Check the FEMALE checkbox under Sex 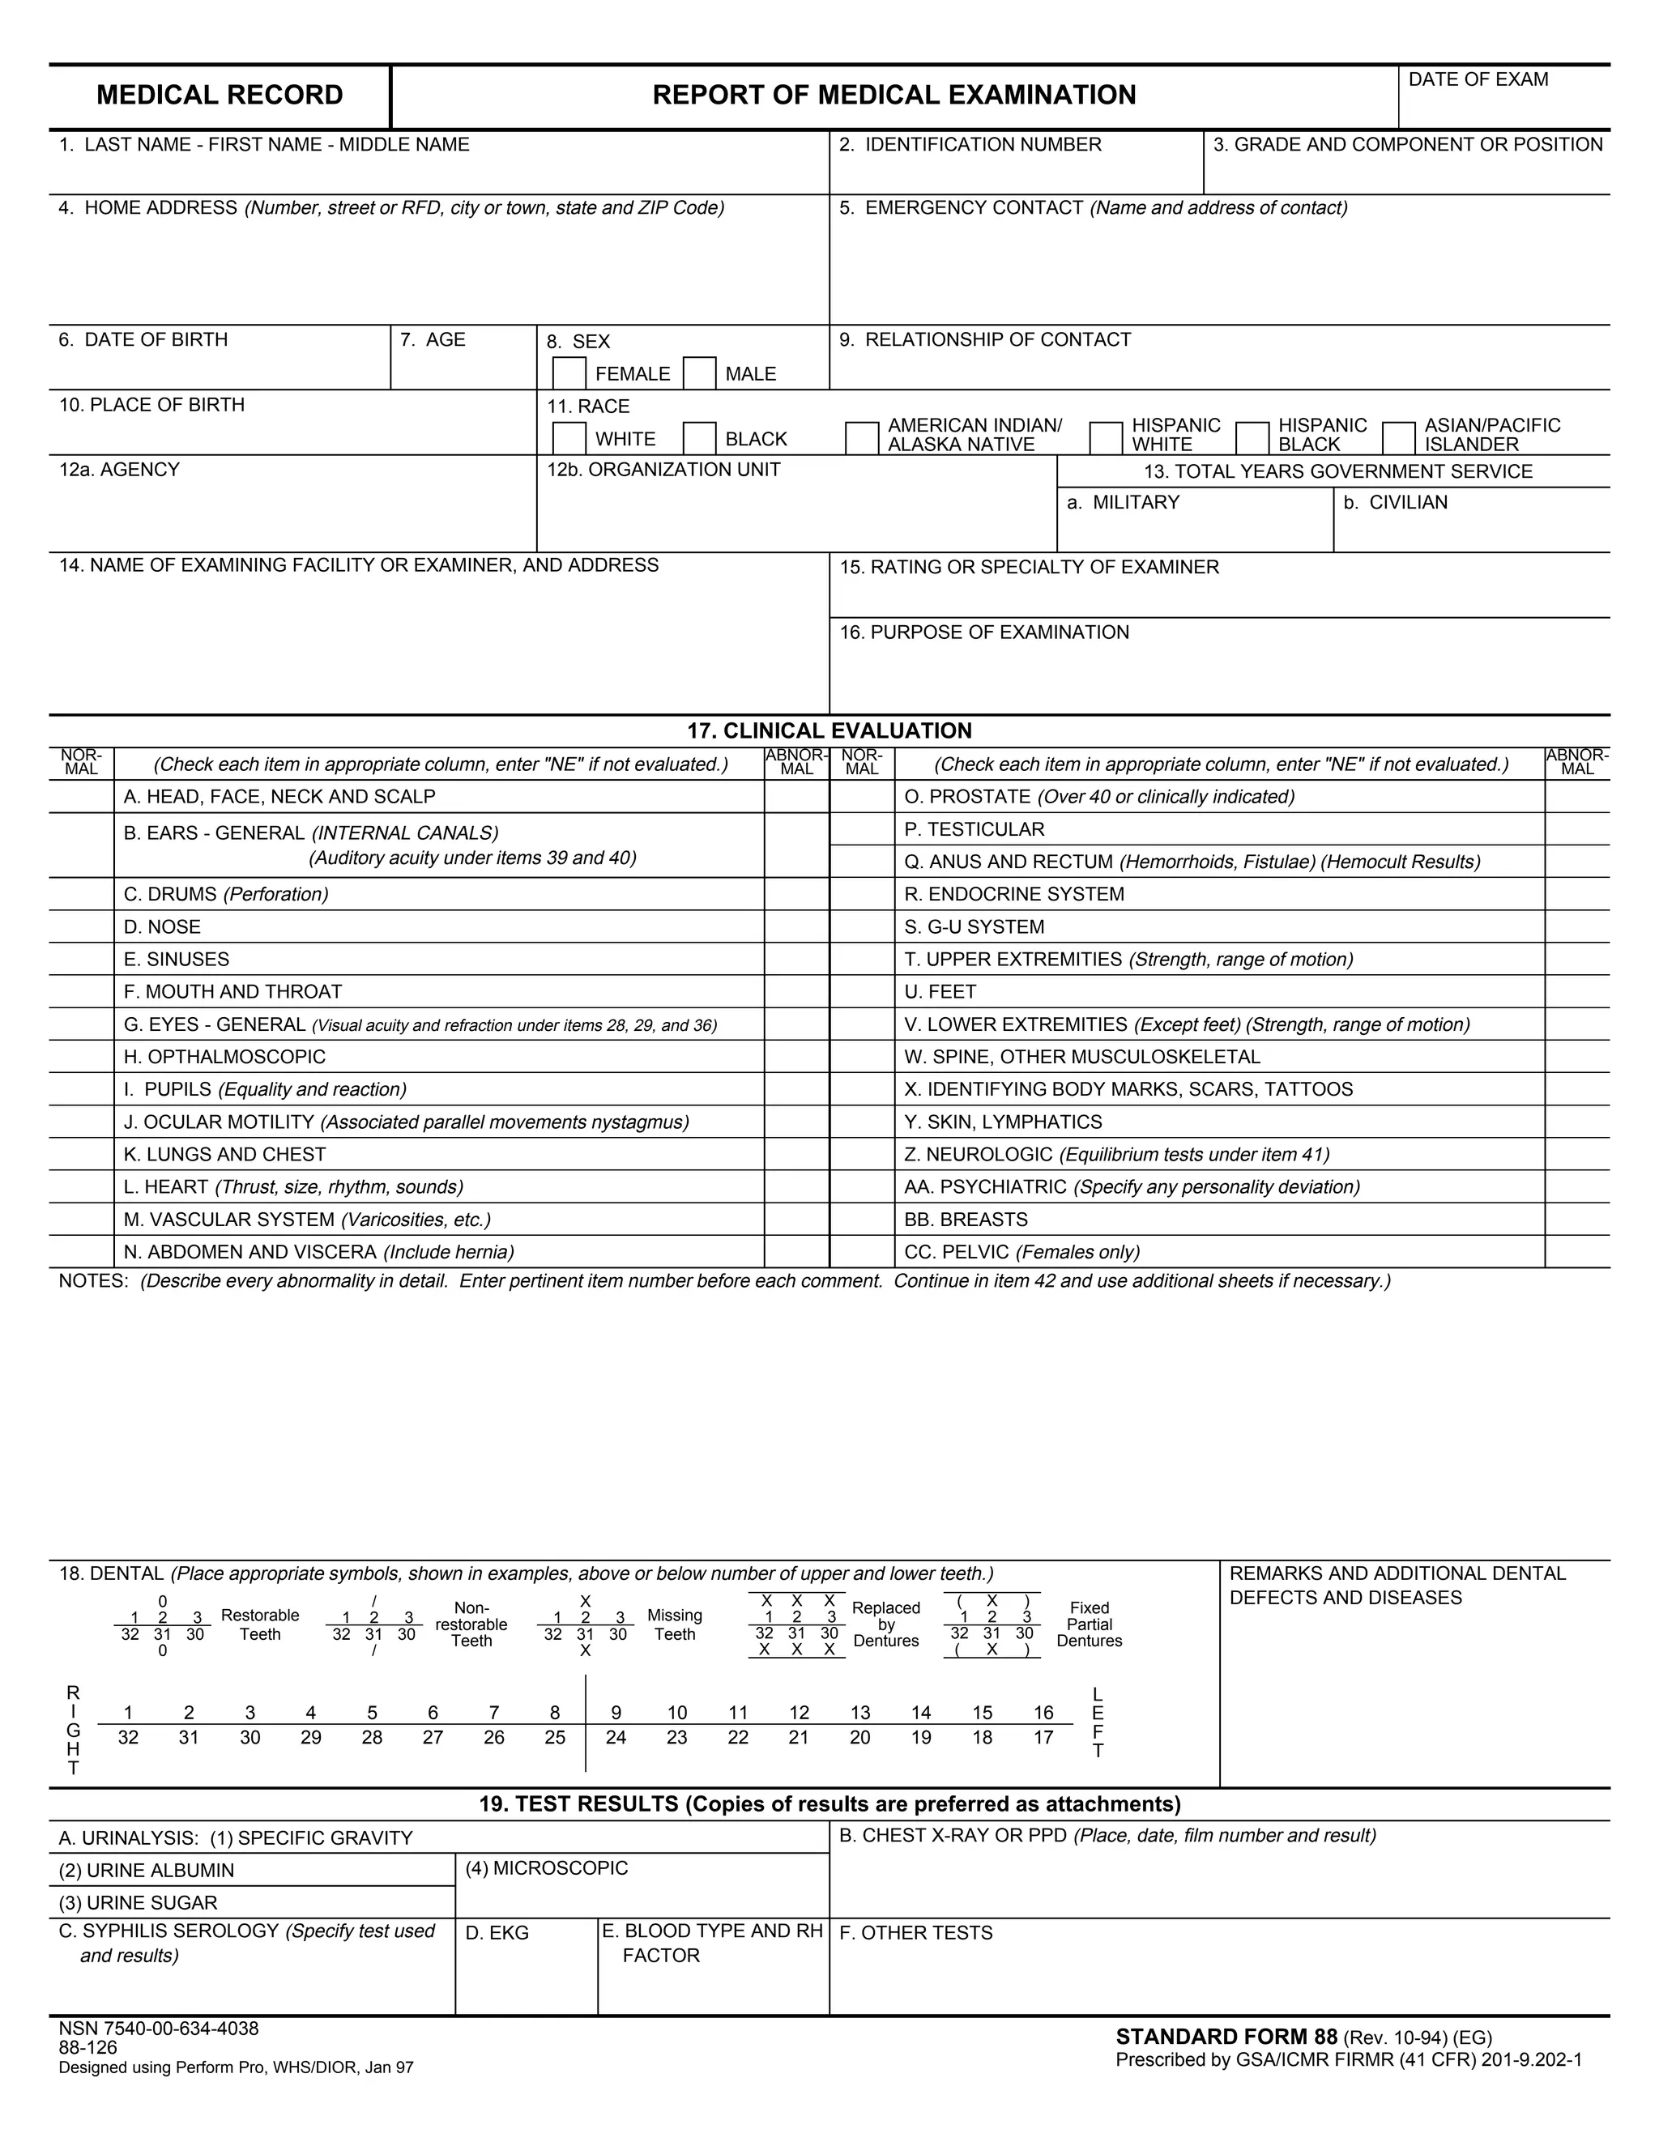569,373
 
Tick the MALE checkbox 699,373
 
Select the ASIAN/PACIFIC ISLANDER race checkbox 1397,438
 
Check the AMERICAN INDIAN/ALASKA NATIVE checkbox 862,438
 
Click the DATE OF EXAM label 1478,79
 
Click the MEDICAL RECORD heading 220,96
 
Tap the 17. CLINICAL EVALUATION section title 829,730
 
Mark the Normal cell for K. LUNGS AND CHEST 82,1155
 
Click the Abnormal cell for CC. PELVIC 1576,1252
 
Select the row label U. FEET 940,991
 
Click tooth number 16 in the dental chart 1043,1713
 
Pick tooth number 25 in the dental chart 554,1737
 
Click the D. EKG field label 497,1933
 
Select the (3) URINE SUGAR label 138,1902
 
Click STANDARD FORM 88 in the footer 1226,2037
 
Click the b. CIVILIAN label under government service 1395,502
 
